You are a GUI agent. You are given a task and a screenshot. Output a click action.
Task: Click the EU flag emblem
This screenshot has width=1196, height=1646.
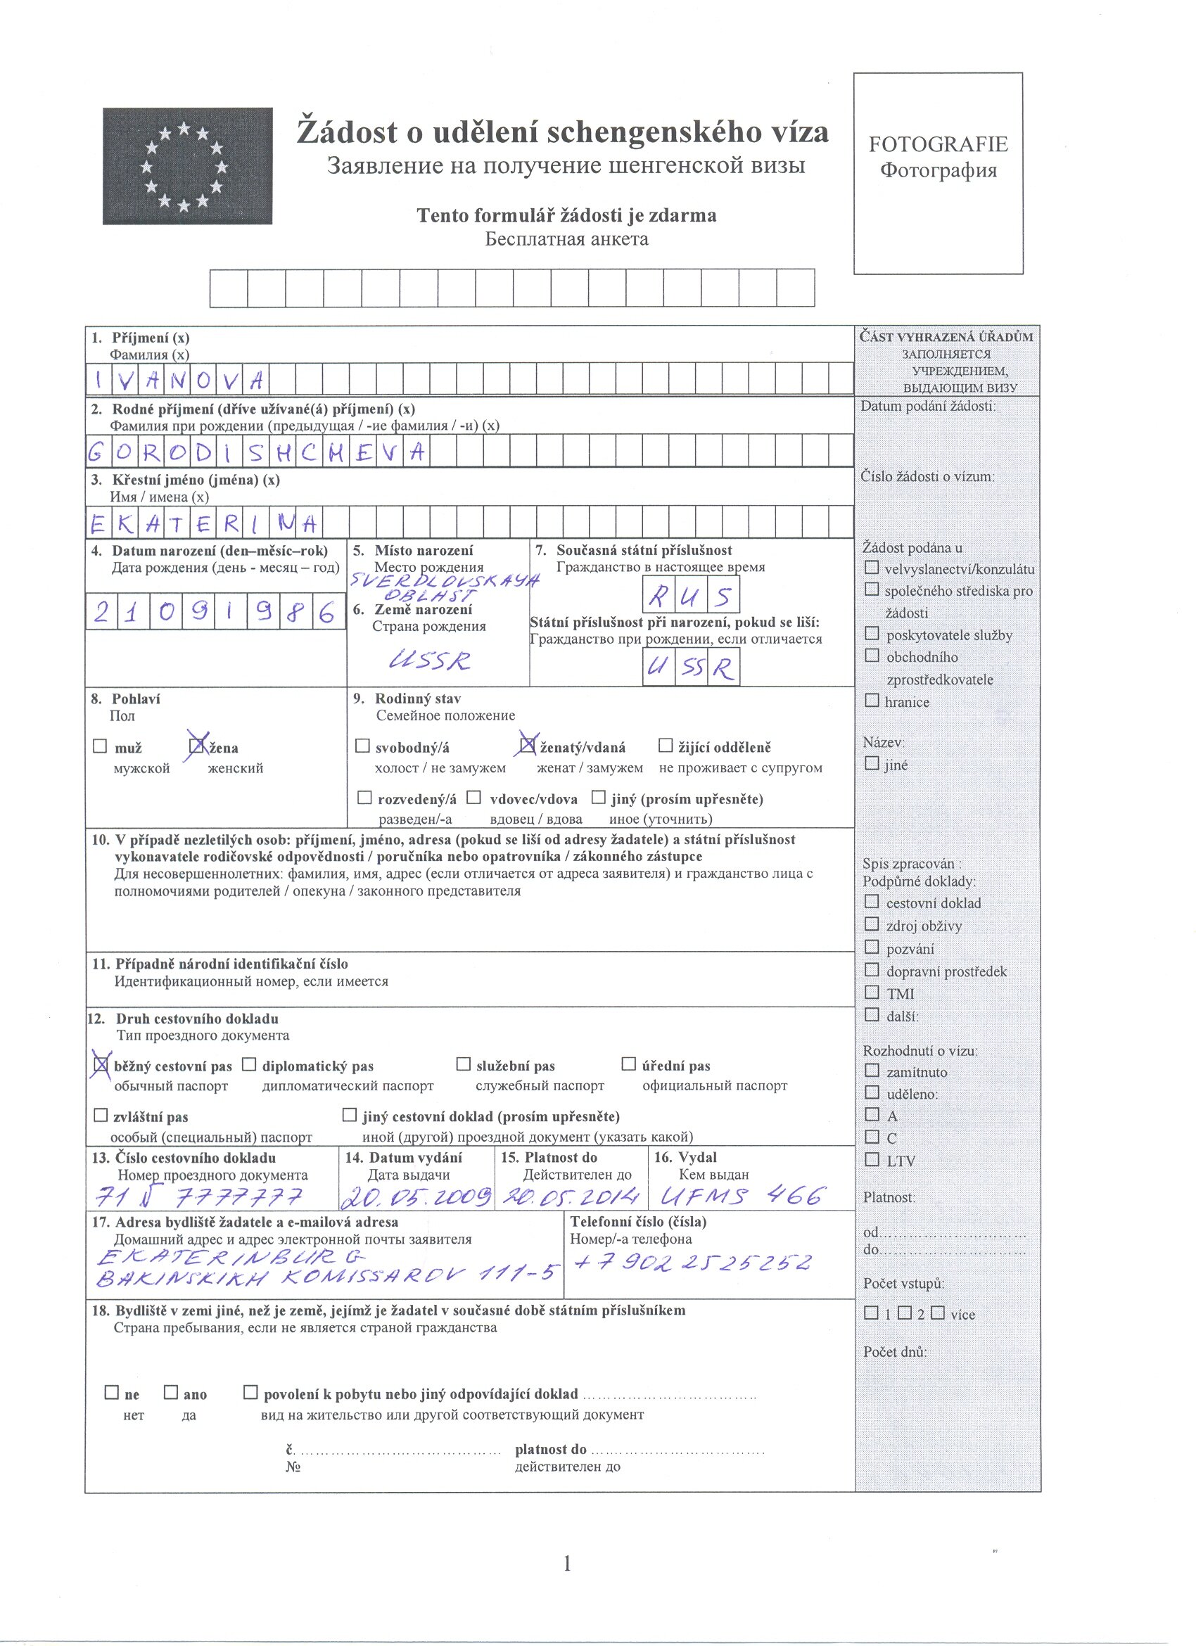[187, 165]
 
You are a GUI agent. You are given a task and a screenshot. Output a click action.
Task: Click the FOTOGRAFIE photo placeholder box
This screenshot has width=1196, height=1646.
[938, 173]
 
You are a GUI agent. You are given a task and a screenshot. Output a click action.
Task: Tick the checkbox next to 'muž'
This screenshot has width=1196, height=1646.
[100, 746]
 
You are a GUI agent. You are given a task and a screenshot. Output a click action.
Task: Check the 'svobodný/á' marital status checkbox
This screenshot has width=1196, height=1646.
[362, 746]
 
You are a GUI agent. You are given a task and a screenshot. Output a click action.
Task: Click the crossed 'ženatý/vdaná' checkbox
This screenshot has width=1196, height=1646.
[528, 745]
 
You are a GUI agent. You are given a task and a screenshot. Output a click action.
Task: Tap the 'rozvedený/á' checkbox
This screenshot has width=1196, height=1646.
[364, 798]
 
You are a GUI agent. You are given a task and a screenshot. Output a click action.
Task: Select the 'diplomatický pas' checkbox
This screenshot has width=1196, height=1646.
[249, 1064]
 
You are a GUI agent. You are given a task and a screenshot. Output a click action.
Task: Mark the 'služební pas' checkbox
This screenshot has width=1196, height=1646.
[463, 1064]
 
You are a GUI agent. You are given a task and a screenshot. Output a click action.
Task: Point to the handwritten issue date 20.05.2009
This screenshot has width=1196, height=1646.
[417, 1196]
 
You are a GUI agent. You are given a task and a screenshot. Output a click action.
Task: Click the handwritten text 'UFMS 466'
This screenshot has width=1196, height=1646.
[742, 1194]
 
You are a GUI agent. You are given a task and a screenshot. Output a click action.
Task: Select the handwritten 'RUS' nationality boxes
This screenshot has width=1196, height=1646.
[691, 596]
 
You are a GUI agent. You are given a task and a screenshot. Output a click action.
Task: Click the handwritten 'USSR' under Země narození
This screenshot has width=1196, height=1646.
[430, 660]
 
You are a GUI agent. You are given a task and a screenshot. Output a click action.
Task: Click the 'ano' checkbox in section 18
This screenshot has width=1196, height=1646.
[170, 1393]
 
